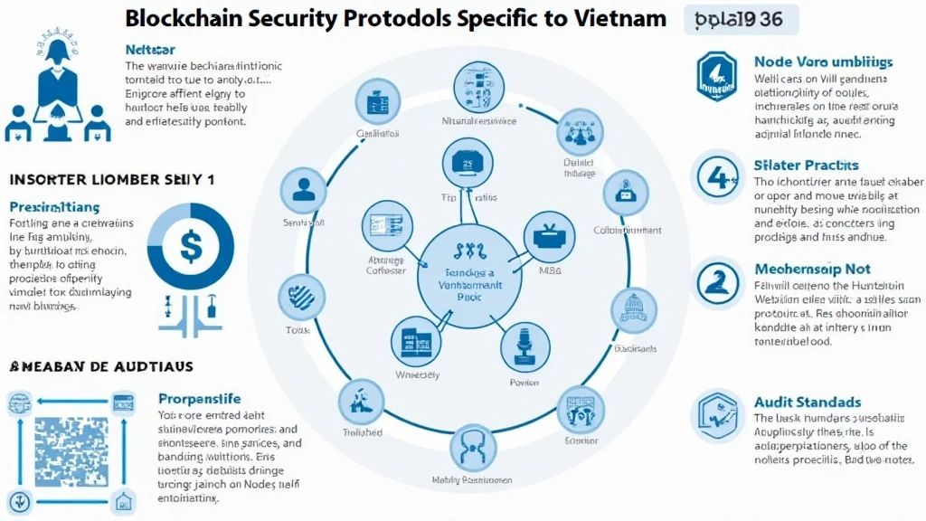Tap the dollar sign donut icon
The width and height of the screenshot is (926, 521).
pyautogui.click(x=191, y=245)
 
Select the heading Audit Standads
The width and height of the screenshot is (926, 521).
pyautogui.click(x=807, y=402)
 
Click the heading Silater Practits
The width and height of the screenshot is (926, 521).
pyautogui.click(x=806, y=166)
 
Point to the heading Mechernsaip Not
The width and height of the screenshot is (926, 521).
pyautogui.click(x=813, y=269)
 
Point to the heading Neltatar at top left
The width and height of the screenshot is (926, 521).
pyautogui.click(x=150, y=50)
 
